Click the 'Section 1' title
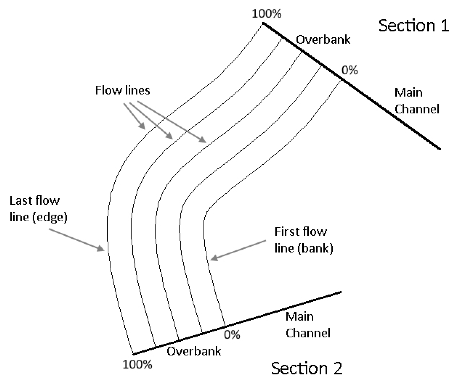[413, 25]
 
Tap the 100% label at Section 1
[266, 14]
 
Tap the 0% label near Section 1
[349, 70]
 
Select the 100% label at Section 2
[137, 365]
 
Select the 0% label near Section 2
[232, 335]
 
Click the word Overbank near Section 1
[323, 40]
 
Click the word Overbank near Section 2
[194, 351]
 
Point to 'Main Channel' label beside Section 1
[416, 101]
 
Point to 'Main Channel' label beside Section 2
[308, 325]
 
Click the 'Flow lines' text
[122, 90]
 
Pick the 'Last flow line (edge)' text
[38, 209]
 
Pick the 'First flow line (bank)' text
[303, 240]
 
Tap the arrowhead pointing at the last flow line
[101, 249]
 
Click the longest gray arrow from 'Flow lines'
[171, 122]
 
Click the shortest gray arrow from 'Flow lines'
[135, 116]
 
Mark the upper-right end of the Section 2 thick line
[341, 292]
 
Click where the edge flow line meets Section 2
[133, 354]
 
